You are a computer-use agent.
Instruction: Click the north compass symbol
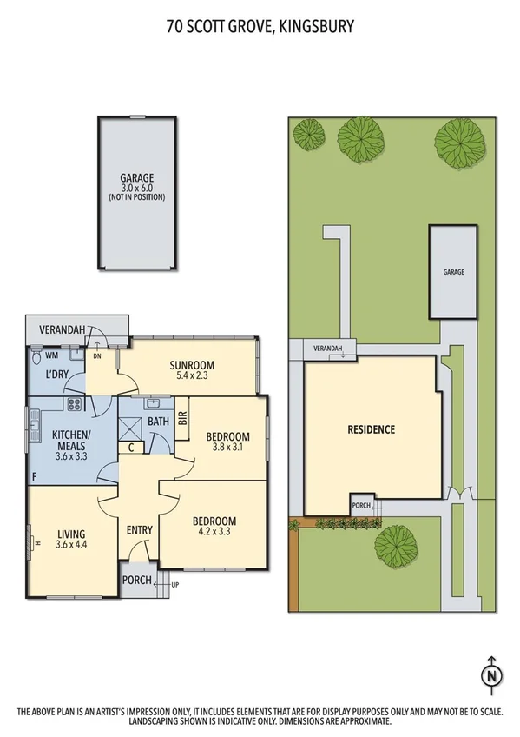[492, 674]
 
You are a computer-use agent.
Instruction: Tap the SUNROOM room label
[192, 365]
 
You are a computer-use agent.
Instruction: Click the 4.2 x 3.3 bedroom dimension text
[214, 534]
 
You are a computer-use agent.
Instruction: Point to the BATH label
[158, 422]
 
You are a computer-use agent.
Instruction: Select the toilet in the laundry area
[36, 356]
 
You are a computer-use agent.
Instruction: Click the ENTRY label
[139, 530]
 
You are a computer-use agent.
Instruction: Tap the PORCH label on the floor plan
[136, 581]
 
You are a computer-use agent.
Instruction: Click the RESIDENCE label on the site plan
[372, 429]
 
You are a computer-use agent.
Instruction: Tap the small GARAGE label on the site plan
[453, 272]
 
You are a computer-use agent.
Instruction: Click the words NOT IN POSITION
[137, 197]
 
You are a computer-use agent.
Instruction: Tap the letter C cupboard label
[130, 448]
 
